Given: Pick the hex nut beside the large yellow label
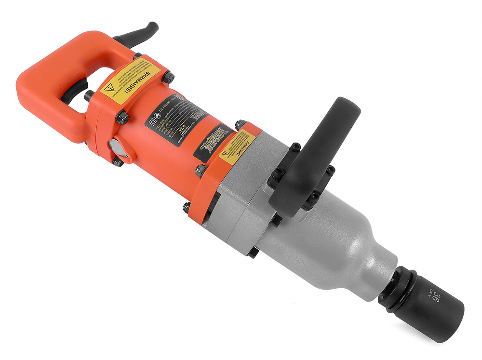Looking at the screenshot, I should coord(168,77).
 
